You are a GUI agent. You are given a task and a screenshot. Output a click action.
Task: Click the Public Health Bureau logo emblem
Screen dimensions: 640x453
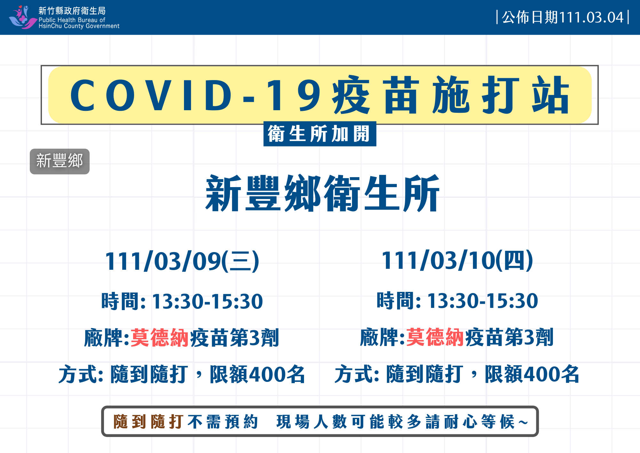coord(23,17)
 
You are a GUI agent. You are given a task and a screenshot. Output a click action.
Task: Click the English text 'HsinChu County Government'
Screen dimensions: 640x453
coord(79,26)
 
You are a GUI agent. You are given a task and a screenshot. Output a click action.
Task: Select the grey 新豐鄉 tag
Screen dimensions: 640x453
coord(60,161)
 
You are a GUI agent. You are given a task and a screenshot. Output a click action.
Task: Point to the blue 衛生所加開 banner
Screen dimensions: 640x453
coord(320,134)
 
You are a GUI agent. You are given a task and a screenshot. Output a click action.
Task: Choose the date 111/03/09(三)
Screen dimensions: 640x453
coord(182,261)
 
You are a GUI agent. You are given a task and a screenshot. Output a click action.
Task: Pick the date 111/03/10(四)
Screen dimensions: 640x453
coord(457,260)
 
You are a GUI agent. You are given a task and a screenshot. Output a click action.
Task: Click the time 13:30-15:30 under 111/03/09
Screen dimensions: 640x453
coord(207,301)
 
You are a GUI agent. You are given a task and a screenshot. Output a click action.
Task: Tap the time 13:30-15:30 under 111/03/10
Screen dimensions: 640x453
coord(483,301)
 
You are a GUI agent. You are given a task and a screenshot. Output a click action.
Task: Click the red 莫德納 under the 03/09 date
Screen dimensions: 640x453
coord(160,338)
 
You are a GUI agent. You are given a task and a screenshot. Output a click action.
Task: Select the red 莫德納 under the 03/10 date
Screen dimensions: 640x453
coord(435,337)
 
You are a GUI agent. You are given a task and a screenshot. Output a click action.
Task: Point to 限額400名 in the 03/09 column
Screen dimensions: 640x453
coord(257,374)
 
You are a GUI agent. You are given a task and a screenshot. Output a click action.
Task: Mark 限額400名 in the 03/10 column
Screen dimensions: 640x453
coord(532,374)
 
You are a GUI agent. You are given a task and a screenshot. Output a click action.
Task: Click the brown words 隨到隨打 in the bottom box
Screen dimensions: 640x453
coord(148,422)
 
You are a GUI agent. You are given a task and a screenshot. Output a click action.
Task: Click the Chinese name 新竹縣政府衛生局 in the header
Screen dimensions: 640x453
coord(72,11)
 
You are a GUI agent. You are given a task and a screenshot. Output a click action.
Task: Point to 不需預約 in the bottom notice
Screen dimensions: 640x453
coord(223,422)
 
